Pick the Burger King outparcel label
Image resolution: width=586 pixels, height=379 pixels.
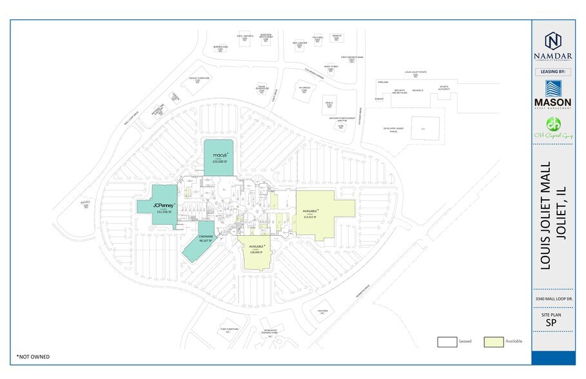221,48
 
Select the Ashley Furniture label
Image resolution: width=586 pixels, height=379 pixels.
199,79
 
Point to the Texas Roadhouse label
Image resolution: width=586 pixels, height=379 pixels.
262,90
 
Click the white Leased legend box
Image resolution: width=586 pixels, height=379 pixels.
447,341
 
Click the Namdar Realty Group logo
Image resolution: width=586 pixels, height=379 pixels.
552,45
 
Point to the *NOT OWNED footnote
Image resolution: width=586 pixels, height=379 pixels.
32,356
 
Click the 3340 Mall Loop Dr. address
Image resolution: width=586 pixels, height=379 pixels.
552,300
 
